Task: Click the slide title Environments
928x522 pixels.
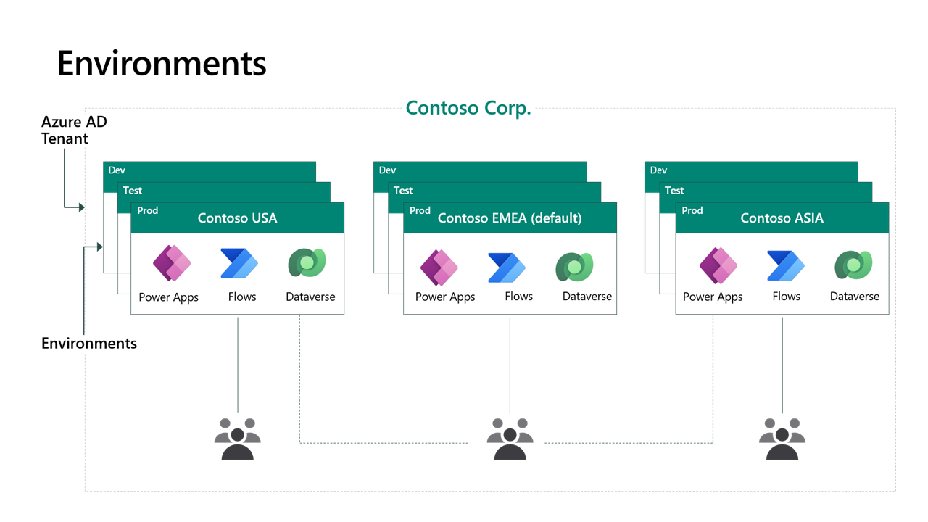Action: point(162,64)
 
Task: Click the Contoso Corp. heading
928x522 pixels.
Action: point(468,108)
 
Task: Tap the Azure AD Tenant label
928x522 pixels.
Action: point(74,130)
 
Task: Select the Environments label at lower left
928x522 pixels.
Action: point(88,344)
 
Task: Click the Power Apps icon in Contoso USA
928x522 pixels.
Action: point(172,263)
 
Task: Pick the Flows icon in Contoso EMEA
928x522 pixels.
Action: point(506,267)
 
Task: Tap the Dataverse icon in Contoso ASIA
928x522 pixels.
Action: point(853,265)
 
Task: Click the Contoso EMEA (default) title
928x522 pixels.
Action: point(510,218)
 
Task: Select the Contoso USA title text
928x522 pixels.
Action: point(237,218)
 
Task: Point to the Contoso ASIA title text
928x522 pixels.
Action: point(782,218)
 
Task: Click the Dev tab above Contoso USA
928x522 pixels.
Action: point(117,170)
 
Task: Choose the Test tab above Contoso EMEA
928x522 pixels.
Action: point(403,191)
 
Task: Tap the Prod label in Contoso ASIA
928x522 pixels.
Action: point(692,210)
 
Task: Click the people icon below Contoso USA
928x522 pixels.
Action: point(238,439)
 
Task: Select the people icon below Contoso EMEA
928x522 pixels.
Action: point(510,439)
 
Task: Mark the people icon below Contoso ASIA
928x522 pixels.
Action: point(782,439)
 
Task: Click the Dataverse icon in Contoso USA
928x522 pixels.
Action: point(307,263)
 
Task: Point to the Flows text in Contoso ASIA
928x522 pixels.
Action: point(786,297)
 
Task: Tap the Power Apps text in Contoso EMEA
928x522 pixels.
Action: point(445,297)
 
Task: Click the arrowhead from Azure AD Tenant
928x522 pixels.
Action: point(82,207)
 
